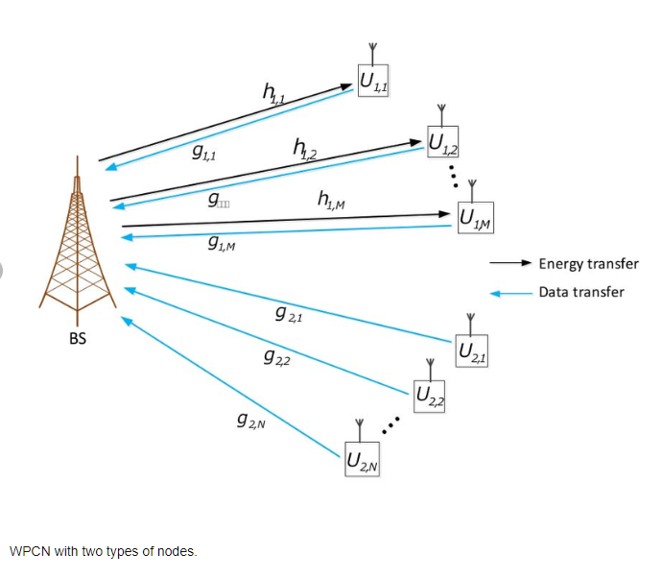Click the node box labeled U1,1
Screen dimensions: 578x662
tap(373, 82)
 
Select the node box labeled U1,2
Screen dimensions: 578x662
tap(442, 142)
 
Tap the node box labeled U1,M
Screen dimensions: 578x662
tap(475, 216)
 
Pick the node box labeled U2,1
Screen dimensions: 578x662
tap(472, 352)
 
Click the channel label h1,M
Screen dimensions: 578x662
tap(332, 199)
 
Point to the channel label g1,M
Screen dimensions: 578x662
tap(222, 242)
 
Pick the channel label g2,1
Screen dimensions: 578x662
tap(288, 315)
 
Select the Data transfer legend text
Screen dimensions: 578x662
tap(581, 292)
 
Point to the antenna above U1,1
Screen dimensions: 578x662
tap(373, 51)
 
